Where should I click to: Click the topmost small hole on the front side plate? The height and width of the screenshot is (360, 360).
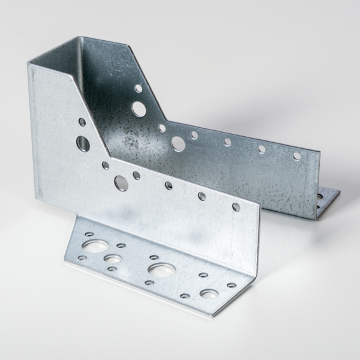(x=82, y=122)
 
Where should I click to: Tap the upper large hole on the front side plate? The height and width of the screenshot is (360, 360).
(x=83, y=143)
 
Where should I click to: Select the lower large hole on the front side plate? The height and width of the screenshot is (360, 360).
(x=121, y=182)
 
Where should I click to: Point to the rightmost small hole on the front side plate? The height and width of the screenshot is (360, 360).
(x=236, y=207)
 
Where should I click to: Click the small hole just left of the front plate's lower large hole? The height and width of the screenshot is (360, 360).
(x=106, y=165)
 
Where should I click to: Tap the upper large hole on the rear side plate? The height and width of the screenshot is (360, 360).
(x=139, y=109)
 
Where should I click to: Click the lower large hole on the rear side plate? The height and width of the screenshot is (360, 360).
(x=178, y=143)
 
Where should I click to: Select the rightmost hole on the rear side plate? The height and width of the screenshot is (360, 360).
(x=297, y=156)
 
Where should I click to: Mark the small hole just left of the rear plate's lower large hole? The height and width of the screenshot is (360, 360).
(x=162, y=128)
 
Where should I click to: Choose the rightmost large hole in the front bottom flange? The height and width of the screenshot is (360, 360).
(x=209, y=294)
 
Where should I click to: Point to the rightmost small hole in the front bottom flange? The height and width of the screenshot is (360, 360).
(x=232, y=285)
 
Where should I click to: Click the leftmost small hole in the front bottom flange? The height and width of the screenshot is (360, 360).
(x=82, y=257)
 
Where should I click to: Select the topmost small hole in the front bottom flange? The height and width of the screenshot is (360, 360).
(x=89, y=234)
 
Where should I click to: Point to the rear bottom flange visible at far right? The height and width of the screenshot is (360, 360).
(x=328, y=201)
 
